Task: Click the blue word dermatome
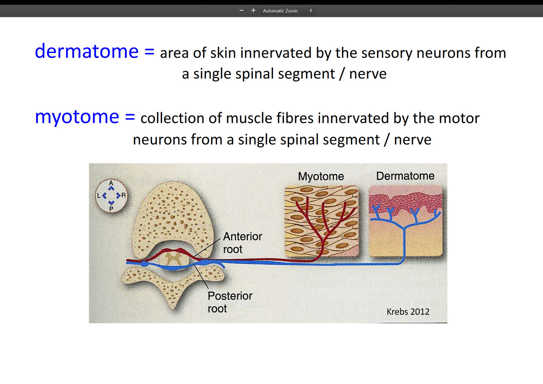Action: click(x=86, y=52)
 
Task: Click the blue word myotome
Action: click(x=77, y=117)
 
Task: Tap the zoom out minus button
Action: click(x=241, y=10)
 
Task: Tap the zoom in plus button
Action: click(x=253, y=10)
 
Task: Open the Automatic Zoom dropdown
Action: click(x=287, y=11)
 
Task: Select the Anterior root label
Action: click(x=242, y=243)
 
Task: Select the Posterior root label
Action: click(x=230, y=302)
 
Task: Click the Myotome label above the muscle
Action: click(x=321, y=176)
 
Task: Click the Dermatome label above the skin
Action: click(x=405, y=176)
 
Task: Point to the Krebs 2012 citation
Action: click(x=408, y=312)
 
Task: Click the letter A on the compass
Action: click(x=111, y=183)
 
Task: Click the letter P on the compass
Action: click(x=111, y=209)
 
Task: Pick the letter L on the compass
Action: click(x=99, y=196)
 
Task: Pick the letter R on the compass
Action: click(x=124, y=196)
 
